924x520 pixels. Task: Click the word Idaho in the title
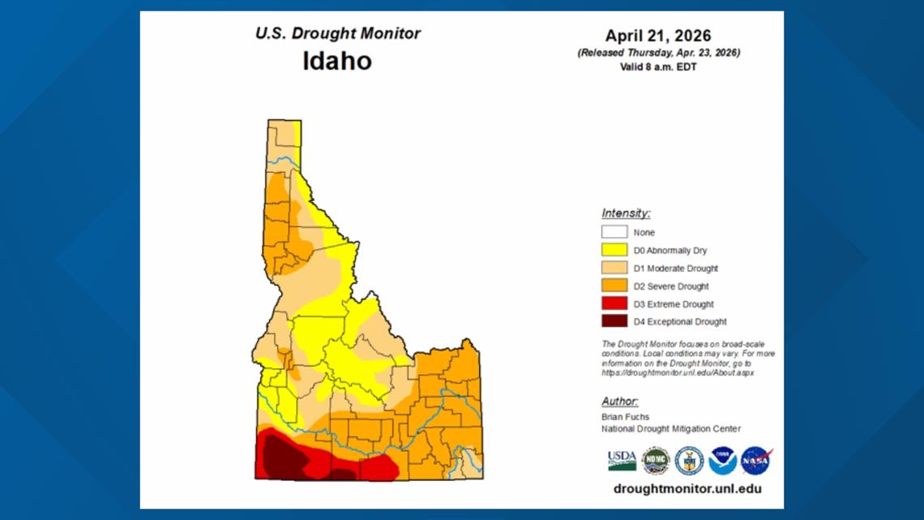pyautogui.click(x=337, y=61)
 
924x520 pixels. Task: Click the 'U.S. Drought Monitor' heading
pyautogui.click(x=337, y=34)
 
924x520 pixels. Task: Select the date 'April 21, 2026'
pyautogui.click(x=658, y=36)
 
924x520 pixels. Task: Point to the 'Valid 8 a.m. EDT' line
pyautogui.click(x=658, y=67)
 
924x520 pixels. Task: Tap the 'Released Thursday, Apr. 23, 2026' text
pyautogui.click(x=658, y=53)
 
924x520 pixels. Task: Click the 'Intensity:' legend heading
pyautogui.click(x=626, y=213)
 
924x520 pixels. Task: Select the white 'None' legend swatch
pyautogui.click(x=614, y=232)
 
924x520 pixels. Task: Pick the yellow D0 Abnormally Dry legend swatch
pyautogui.click(x=614, y=250)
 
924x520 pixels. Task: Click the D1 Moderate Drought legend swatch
pyautogui.click(x=614, y=268)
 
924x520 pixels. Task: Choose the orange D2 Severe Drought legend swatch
pyautogui.click(x=614, y=286)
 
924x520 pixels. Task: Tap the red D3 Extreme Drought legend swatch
pyautogui.click(x=614, y=303)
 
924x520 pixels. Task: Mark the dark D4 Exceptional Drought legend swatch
pyautogui.click(x=614, y=321)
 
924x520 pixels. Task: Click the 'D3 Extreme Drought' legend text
pyautogui.click(x=674, y=304)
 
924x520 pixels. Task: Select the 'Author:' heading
pyautogui.click(x=619, y=402)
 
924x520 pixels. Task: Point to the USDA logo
pyautogui.click(x=622, y=461)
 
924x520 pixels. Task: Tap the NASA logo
pyautogui.click(x=755, y=461)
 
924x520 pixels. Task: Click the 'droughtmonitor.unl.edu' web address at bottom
pyautogui.click(x=687, y=488)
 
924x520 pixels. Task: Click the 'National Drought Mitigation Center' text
pyautogui.click(x=670, y=428)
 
